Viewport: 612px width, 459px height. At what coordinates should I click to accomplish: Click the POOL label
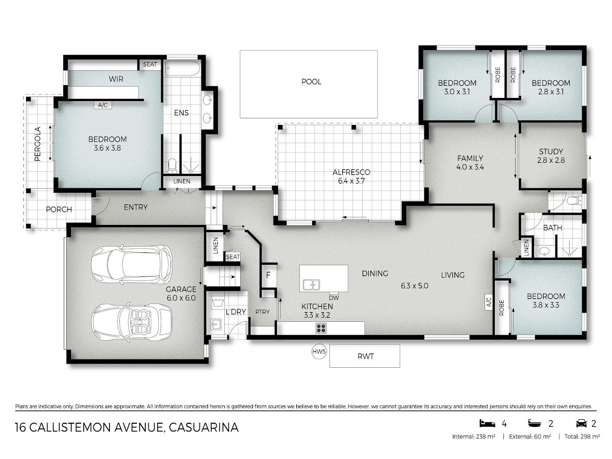(x=311, y=82)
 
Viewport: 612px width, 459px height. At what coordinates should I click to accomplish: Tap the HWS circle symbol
(x=319, y=351)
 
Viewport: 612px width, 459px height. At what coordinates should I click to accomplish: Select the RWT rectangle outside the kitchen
(x=365, y=355)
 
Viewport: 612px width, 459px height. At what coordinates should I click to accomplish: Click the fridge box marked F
(x=269, y=275)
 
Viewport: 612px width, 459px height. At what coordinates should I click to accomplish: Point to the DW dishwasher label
(x=334, y=298)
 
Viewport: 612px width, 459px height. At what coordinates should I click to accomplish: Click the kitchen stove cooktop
(x=321, y=328)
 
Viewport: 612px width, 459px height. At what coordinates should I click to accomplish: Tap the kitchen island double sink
(x=311, y=285)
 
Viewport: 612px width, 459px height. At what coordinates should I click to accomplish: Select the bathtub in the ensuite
(x=183, y=68)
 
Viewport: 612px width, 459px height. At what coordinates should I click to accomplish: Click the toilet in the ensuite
(x=172, y=166)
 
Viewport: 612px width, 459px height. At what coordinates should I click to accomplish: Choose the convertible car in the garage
(x=132, y=322)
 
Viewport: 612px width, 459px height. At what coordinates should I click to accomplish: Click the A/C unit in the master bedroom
(x=103, y=105)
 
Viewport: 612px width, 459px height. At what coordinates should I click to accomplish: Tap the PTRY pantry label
(x=262, y=312)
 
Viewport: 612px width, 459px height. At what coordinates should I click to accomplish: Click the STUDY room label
(x=551, y=151)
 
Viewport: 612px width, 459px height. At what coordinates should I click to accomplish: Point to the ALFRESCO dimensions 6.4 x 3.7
(x=351, y=181)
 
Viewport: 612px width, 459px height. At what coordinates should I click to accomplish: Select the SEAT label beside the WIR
(x=150, y=64)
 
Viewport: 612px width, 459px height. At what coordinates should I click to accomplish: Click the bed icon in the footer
(x=487, y=424)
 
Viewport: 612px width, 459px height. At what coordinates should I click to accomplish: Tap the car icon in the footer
(x=581, y=424)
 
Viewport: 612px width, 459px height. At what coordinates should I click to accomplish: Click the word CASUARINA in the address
(x=203, y=427)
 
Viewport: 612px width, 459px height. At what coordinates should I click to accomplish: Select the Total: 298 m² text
(x=582, y=437)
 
